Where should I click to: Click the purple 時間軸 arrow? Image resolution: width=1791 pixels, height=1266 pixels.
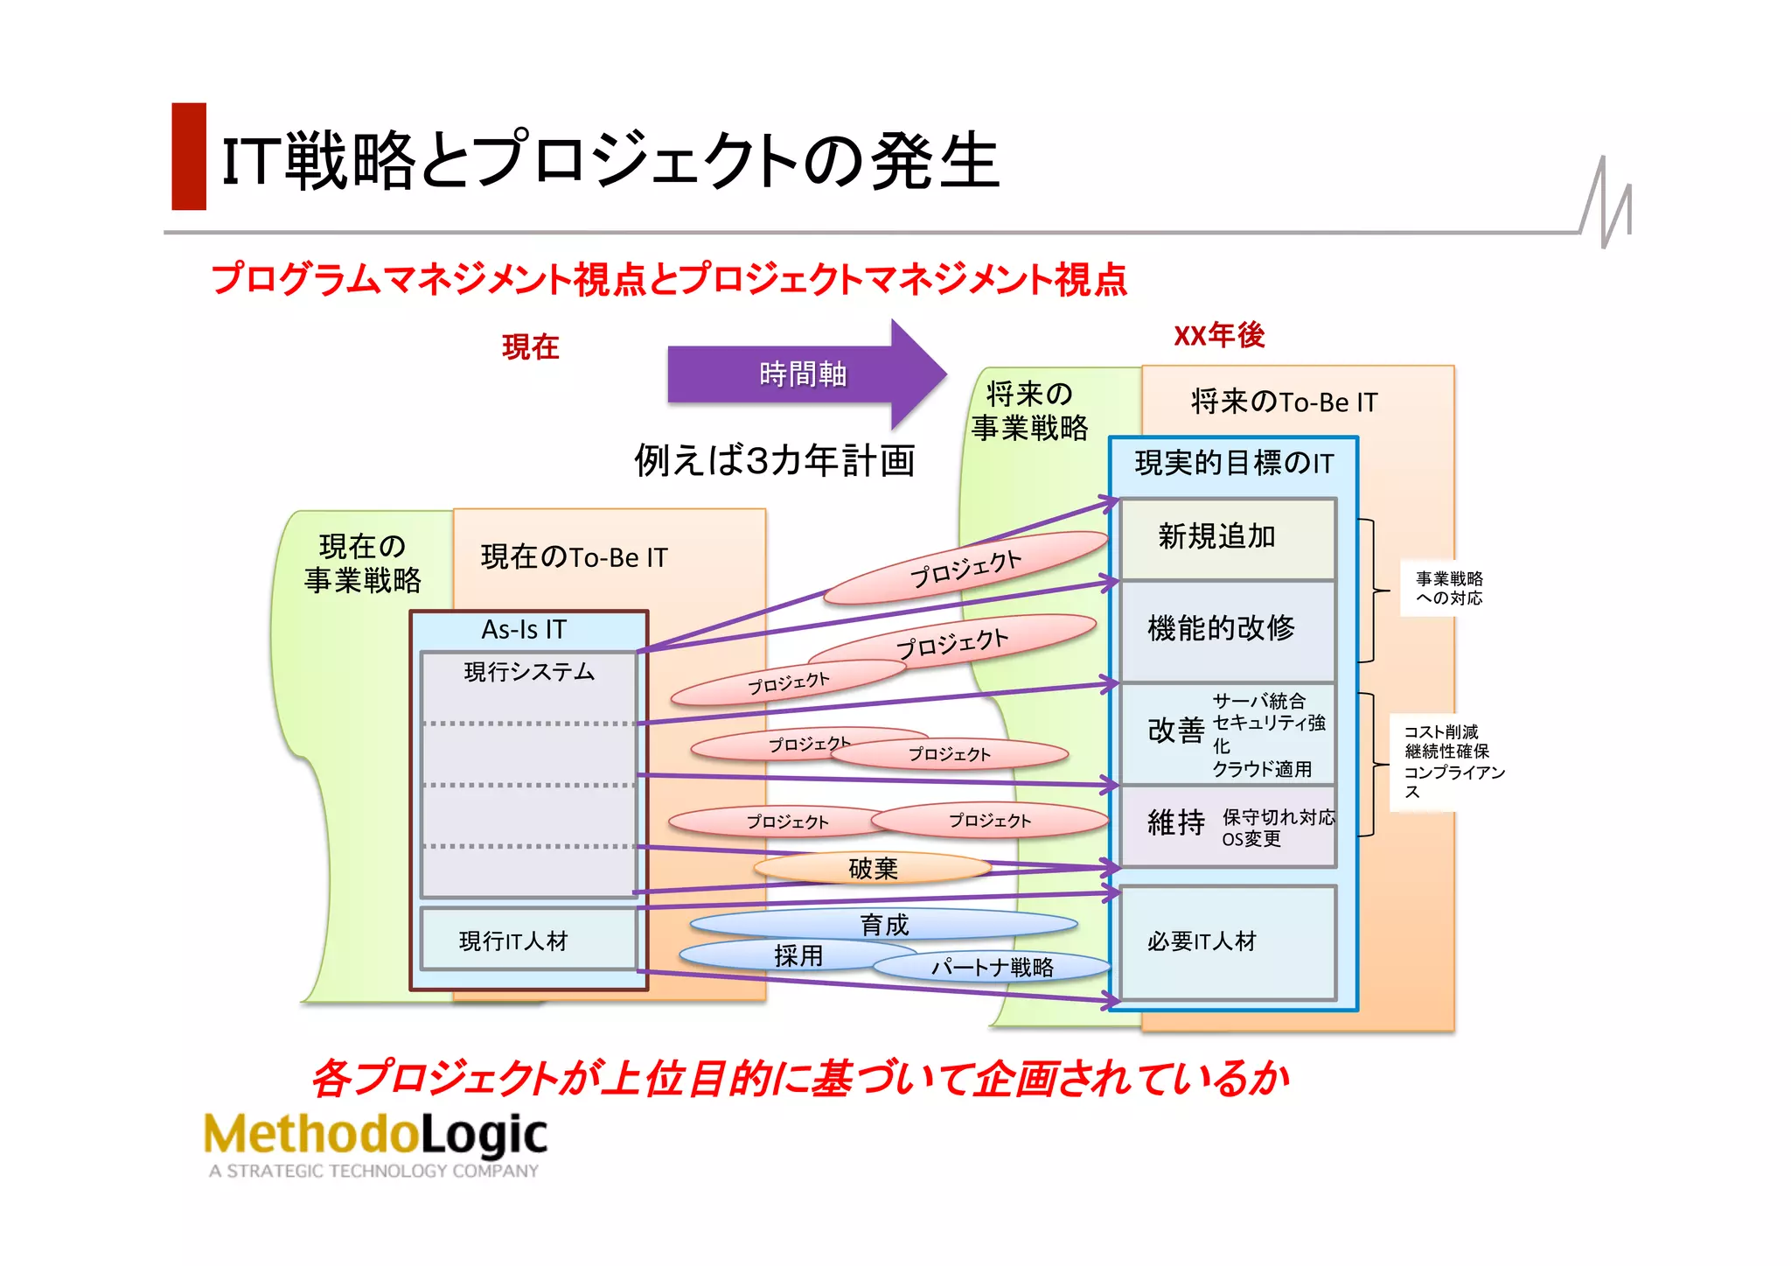(x=803, y=374)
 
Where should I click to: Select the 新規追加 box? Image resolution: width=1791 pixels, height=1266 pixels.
(x=1227, y=537)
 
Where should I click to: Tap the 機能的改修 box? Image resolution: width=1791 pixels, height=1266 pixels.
(x=1227, y=628)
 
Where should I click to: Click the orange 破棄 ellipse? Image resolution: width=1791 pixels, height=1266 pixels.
(x=872, y=868)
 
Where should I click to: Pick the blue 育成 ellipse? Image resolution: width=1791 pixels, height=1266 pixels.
(x=883, y=924)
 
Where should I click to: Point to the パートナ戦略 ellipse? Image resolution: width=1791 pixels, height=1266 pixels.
(x=992, y=967)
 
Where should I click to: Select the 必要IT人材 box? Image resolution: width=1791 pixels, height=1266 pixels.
(x=1227, y=941)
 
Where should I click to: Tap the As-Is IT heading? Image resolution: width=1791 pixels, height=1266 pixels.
(x=525, y=629)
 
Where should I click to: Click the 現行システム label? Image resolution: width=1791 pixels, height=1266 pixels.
(x=529, y=672)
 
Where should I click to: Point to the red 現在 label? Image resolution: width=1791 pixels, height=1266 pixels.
(x=530, y=347)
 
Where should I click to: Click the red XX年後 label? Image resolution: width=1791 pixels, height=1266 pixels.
(x=1219, y=335)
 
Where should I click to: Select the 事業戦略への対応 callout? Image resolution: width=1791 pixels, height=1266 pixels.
(x=1449, y=588)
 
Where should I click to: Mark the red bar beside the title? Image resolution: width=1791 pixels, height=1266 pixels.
(x=189, y=157)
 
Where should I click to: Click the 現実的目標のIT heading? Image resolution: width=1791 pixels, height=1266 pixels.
(x=1234, y=463)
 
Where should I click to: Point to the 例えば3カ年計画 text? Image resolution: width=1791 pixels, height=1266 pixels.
(x=774, y=460)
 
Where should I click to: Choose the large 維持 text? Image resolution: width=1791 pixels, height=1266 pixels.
(x=1175, y=822)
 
